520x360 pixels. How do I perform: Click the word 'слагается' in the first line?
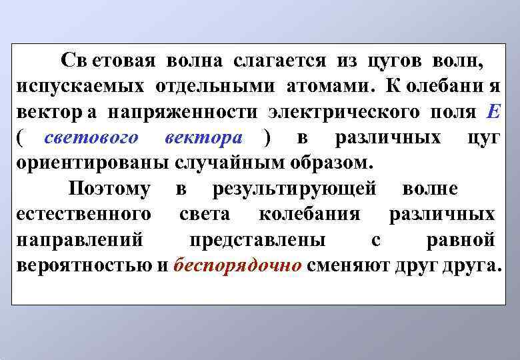[279, 62]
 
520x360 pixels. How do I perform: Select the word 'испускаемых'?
[81, 87]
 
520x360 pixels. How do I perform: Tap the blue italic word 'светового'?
[91, 138]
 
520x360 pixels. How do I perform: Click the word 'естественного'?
[82, 215]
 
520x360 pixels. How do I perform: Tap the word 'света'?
[205, 215]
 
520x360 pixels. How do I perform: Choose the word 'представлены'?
[257, 240]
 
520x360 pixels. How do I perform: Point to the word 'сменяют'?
[349, 265]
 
